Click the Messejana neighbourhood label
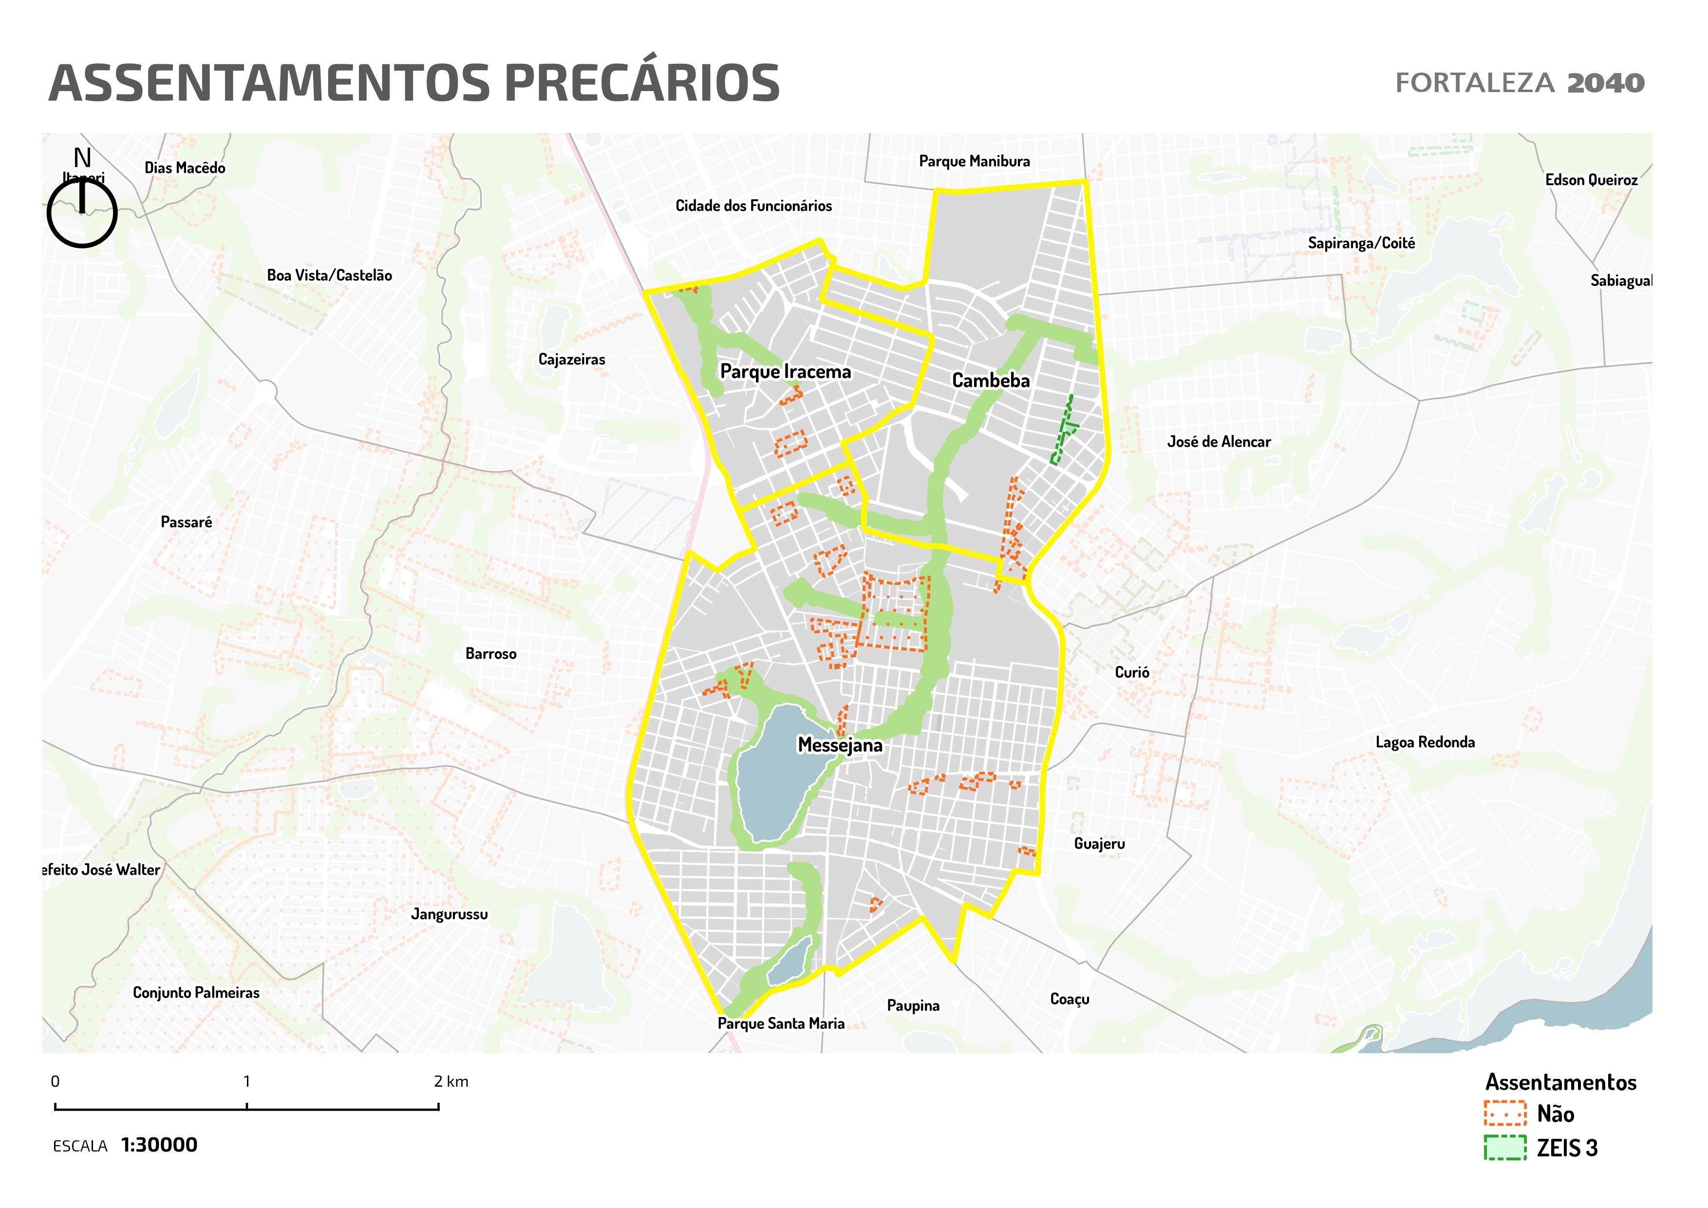click(x=840, y=745)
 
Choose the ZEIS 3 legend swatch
click(x=1505, y=1148)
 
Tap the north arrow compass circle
click(x=82, y=213)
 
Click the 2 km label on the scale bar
click(x=451, y=1081)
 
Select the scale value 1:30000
click(x=159, y=1145)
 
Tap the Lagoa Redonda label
click(x=1425, y=742)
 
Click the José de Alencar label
click(x=1219, y=442)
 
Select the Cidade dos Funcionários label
click(x=753, y=206)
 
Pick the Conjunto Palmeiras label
click(x=196, y=993)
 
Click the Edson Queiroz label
click(x=1591, y=180)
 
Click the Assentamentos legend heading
click(x=1561, y=1082)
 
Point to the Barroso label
click(x=490, y=654)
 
